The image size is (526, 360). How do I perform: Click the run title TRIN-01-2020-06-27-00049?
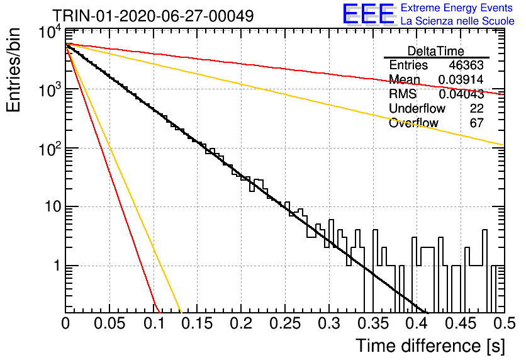point(153,16)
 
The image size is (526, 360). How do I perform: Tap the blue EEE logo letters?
point(369,14)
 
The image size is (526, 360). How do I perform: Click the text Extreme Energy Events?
point(457,8)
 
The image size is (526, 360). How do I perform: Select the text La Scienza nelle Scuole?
point(457,21)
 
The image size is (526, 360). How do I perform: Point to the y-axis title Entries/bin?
point(13,70)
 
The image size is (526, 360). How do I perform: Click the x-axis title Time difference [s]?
point(430,346)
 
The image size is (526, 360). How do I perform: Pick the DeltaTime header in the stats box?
point(436,51)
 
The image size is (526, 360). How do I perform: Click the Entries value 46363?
point(466,65)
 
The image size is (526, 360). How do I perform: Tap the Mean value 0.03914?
point(461,79)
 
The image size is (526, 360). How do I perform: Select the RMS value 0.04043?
point(461,94)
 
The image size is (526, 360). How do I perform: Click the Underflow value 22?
point(476,108)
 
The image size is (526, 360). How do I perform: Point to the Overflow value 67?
point(476,123)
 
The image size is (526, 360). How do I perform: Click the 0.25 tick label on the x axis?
point(285,323)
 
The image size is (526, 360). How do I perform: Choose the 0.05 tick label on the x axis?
point(109,323)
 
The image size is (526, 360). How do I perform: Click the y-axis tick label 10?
point(53,206)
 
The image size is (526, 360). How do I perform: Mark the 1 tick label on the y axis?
point(58,266)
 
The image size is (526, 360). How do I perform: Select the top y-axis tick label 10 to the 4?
point(50,33)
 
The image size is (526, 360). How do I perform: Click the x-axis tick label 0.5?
point(504,323)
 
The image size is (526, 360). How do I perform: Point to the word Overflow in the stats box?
point(413,123)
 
